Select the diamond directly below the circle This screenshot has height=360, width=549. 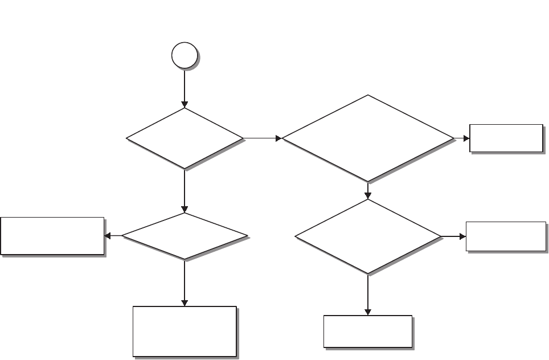click(x=185, y=138)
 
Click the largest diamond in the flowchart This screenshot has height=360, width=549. click(x=368, y=138)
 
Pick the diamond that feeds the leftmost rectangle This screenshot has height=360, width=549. click(x=185, y=236)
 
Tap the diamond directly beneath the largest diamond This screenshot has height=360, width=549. click(x=368, y=236)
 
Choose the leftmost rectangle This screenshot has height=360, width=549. click(x=52, y=235)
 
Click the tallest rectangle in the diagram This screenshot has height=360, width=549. click(x=185, y=332)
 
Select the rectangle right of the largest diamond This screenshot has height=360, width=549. click(x=506, y=138)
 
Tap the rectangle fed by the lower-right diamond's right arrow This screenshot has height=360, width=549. click(x=506, y=236)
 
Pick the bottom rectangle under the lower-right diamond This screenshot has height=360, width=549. click(x=368, y=331)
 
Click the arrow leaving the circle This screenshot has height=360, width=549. click(x=185, y=88)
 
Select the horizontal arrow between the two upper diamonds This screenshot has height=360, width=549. click(x=262, y=138)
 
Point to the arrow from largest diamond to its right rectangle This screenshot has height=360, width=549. click(x=461, y=138)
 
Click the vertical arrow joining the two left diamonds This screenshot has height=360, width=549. click(x=185, y=191)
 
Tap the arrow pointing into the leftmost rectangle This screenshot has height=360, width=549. click(x=113, y=236)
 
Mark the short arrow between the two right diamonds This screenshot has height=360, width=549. click(x=368, y=191)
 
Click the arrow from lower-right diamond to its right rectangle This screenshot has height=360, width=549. click(x=453, y=236)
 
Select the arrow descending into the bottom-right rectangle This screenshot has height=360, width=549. click(x=368, y=295)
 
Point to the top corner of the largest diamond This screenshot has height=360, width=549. click(x=368, y=95)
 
